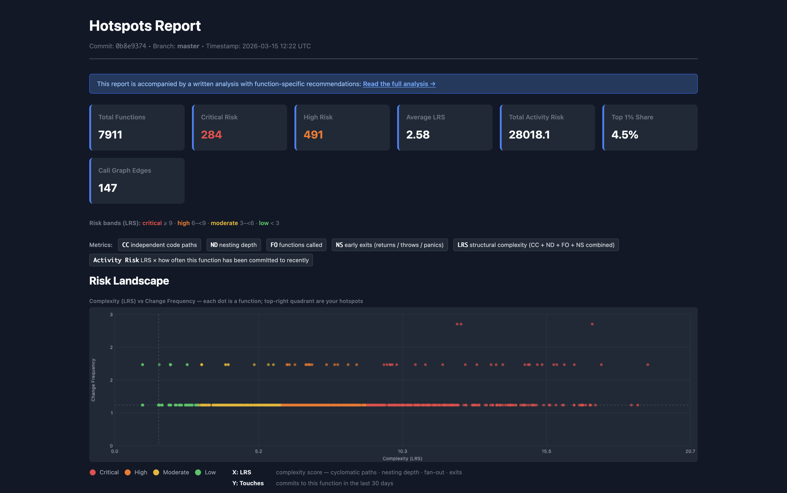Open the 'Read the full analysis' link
[x=399, y=84]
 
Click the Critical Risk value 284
[x=211, y=135]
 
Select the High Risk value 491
[x=313, y=135]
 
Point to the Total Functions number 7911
[x=110, y=135]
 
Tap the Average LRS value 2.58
[x=418, y=135]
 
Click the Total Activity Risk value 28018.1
[x=529, y=135]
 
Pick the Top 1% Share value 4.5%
[x=624, y=135]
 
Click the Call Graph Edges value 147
[x=107, y=188]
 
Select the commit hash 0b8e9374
[x=131, y=46]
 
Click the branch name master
[x=188, y=46]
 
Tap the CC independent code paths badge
[x=159, y=245]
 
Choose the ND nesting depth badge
[x=233, y=245]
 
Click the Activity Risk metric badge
[x=201, y=260]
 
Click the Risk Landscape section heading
[x=129, y=281]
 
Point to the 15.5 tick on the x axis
[x=546, y=451]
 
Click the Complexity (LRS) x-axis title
[x=402, y=458]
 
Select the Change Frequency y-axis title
[x=93, y=380]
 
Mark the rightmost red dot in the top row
[x=592, y=324]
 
